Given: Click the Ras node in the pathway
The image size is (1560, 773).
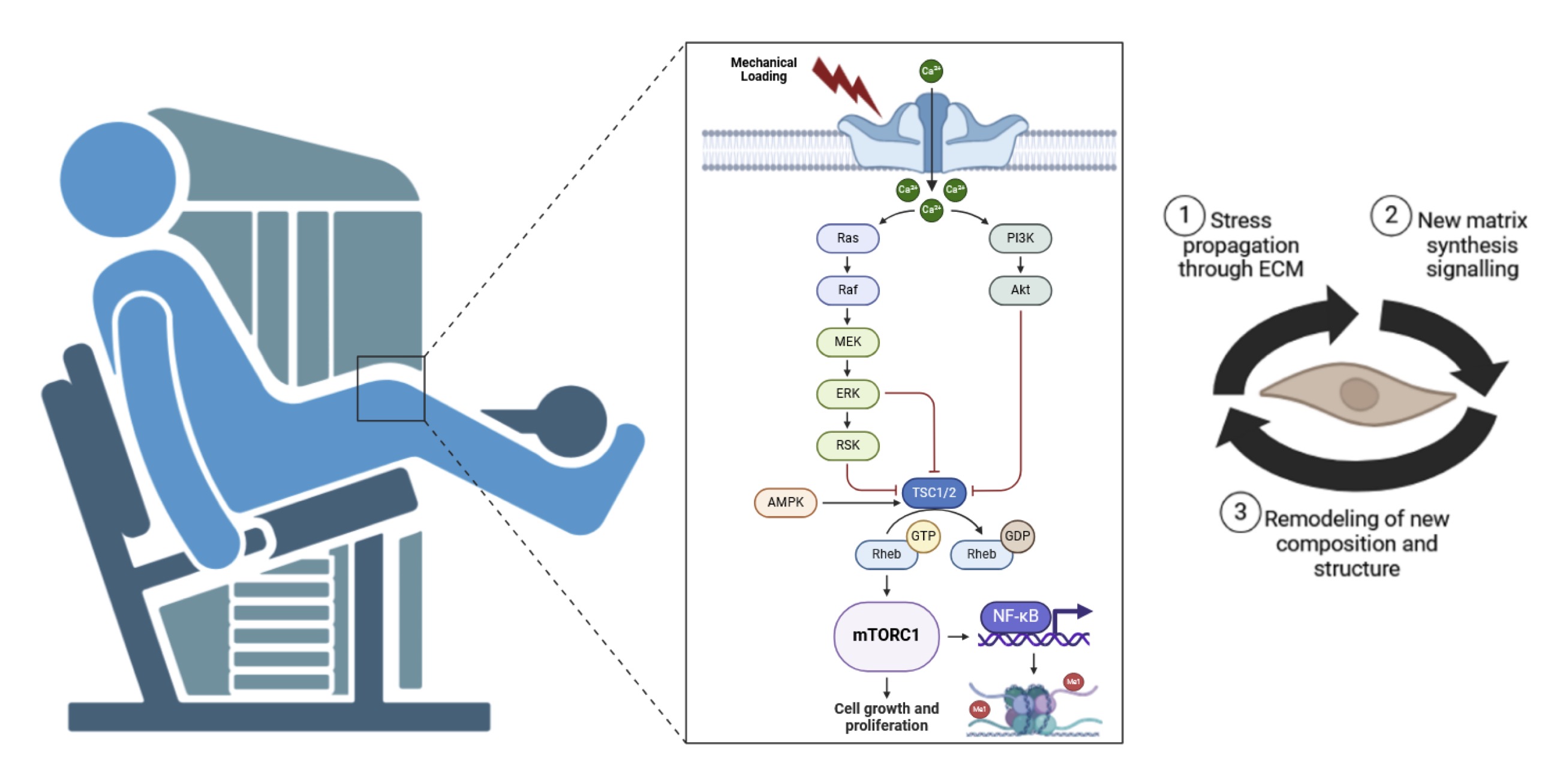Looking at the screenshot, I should pyautogui.click(x=847, y=238).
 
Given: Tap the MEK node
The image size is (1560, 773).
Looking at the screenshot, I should pyautogui.click(x=847, y=341).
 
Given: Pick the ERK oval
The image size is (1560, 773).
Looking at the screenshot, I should pyautogui.click(x=847, y=394).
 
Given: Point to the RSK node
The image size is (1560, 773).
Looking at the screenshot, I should pyautogui.click(x=847, y=445).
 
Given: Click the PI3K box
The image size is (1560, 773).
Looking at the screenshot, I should pyautogui.click(x=1020, y=238).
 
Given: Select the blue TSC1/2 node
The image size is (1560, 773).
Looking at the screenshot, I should pyautogui.click(x=934, y=493).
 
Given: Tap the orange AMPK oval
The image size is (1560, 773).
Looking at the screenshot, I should pyautogui.click(x=786, y=502).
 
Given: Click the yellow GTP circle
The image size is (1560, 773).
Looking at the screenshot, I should pyautogui.click(x=923, y=535).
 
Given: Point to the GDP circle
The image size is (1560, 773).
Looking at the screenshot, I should pyautogui.click(x=1017, y=535).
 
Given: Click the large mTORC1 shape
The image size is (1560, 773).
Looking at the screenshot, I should pyautogui.click(x=886, y=636).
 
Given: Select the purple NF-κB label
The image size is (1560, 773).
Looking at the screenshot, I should pyautogui.click(x=1015, y=617).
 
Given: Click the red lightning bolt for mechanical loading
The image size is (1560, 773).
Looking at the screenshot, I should pyautogui.click(x=846, y=85).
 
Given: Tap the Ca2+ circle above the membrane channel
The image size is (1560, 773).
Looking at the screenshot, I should pyautogui.click(x=931, y=71).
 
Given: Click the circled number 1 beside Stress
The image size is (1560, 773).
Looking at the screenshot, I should pyautogui.click(x=1184, y=215).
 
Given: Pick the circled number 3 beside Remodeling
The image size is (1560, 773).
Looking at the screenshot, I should pyautogui.click(x=1240, y=512).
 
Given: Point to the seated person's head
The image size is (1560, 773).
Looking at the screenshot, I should pyautogui.click(x=118, y=179).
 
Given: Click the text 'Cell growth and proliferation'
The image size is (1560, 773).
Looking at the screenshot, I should pyautogui.click(x=886, y=717).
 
